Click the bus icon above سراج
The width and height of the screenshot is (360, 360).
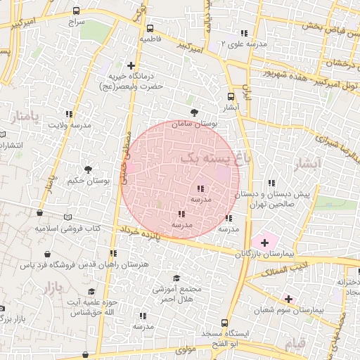(x=77, y=12)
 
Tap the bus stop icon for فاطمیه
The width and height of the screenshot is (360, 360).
(x=150, y=29)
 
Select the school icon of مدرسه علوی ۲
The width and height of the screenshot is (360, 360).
(x=244, y=33)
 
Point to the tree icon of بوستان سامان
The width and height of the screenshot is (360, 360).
(x=195, y=112)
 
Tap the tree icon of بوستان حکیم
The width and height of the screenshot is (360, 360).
(x=88, y=169)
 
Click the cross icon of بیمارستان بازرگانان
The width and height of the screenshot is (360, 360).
(x=264, y=242)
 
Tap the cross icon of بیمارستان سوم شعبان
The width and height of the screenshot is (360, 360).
(x=288, y=299)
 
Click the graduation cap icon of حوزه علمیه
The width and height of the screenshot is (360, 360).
(x=91, y=291)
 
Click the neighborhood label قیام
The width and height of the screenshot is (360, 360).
(x=297, y=344)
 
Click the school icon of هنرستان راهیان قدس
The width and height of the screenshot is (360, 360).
(x=112, y=253)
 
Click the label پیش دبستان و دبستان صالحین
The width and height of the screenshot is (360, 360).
(x=281, y=198)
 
